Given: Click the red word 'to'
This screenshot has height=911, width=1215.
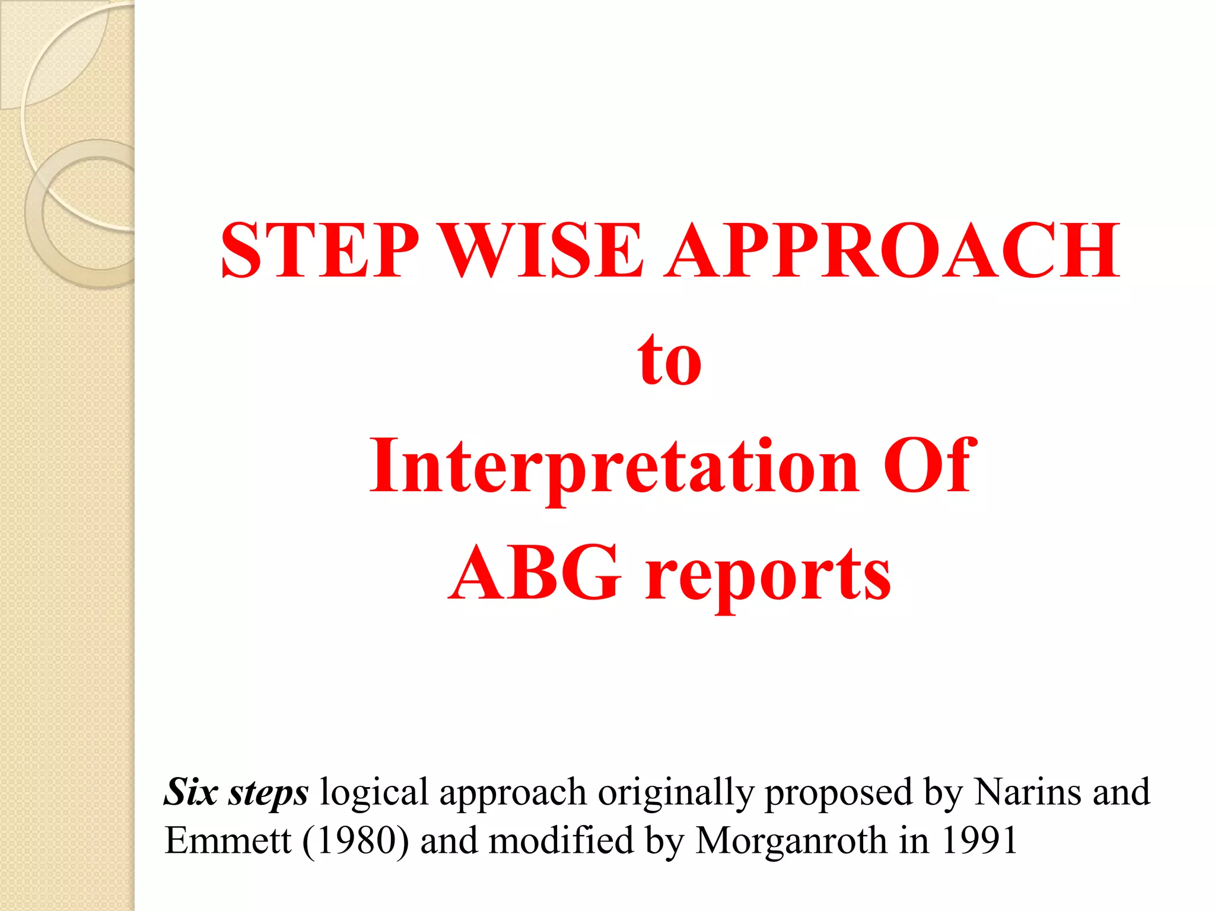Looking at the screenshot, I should [669, 359].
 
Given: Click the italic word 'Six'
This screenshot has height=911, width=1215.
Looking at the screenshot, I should [191, 792].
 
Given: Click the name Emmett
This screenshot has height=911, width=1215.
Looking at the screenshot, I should [228, 840].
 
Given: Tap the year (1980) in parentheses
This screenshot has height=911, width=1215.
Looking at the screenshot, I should [355, 840].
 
